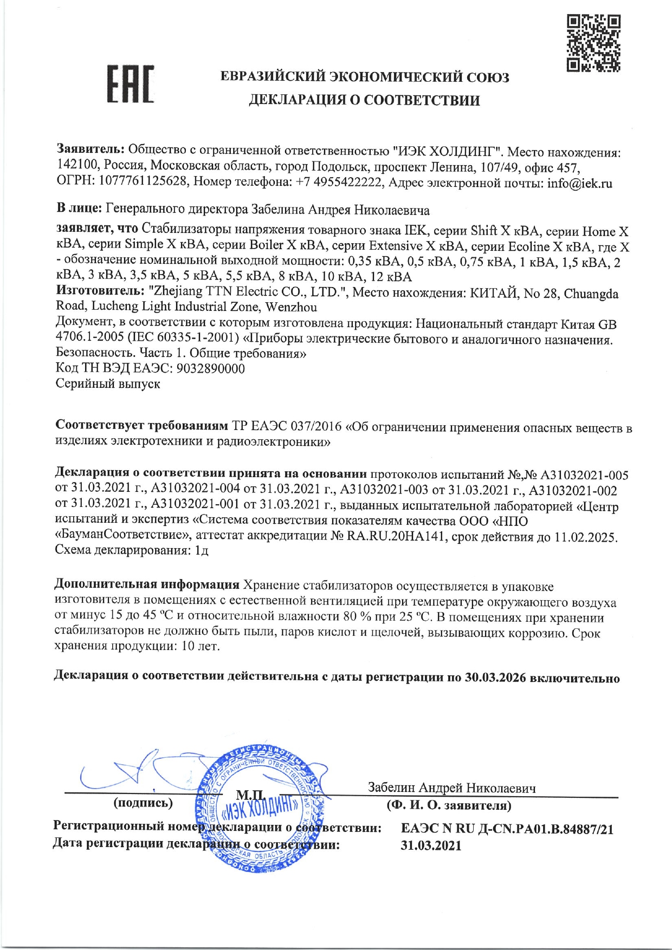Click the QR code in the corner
[x=593, y=44]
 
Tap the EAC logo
[x=130, y=84]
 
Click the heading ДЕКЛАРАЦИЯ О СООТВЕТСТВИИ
[x=364, y=100]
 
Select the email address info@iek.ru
[x=579, y=183]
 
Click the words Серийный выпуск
[x=108, y=384]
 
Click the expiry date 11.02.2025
[x=585, y=537]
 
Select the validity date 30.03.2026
[x=495, y=678]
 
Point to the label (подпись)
[x=143, y=802]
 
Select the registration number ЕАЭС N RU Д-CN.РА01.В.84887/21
[x=507, y=829]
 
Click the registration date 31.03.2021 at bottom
[x=431, y=845]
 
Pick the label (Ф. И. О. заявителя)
[x=449, y=805]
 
